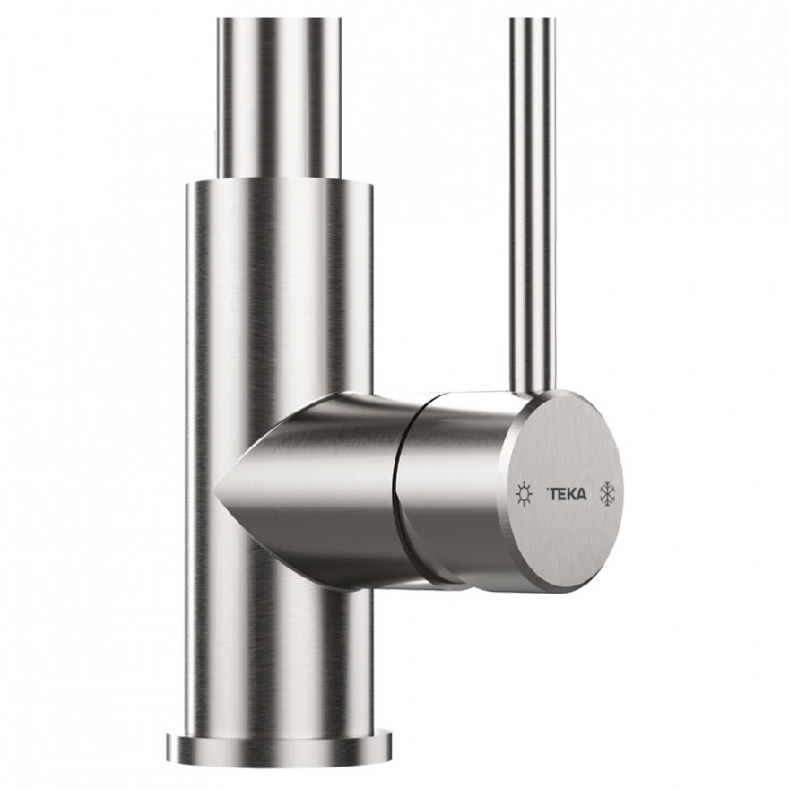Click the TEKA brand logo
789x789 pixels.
566,495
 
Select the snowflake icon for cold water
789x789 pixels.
608,494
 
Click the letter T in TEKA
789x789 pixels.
553,495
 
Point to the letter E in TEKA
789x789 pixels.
562,495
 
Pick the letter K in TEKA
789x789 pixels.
571,495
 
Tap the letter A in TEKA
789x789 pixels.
582,495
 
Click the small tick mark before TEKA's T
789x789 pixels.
546,490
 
